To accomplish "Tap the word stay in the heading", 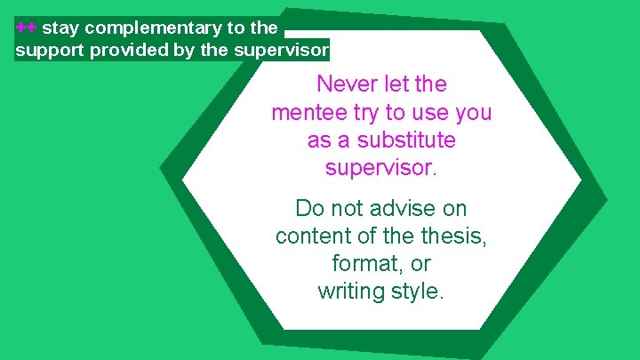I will (x=60, y=28).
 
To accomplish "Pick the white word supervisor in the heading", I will (x=281, y=49).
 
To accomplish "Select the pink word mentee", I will (x=305, y=114).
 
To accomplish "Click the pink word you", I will (x=472, y=114).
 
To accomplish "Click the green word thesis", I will (x=457, y=236).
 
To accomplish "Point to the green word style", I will (x=419, y=292).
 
